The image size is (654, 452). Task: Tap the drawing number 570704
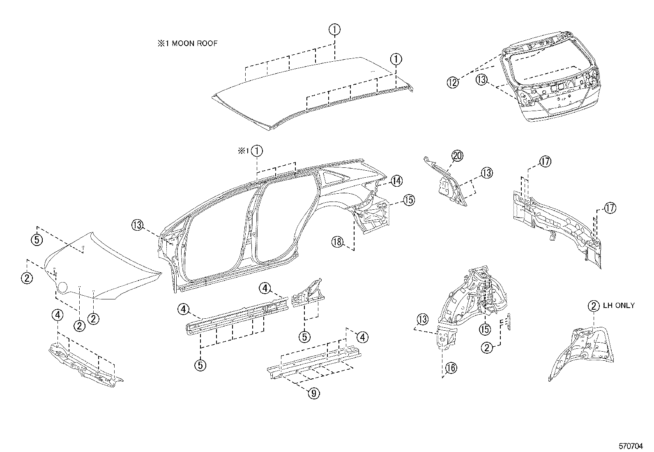click(x=631, y=446)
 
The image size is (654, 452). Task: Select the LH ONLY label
click(x=618, y=306)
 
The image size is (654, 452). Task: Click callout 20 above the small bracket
click(x=457, y=156)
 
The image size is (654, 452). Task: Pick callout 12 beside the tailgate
click(x=452, y=82)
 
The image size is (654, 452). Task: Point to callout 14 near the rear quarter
click(x=396, y=181)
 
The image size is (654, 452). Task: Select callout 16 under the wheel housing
click(x=451, y=368)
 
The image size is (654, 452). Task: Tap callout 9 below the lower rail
click(x=313, y=393)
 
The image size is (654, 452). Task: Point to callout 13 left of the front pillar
click(x=138, y=225)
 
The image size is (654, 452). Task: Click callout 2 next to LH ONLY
click(x=594, y=306)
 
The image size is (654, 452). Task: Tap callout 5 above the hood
click(x=37, y=239)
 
